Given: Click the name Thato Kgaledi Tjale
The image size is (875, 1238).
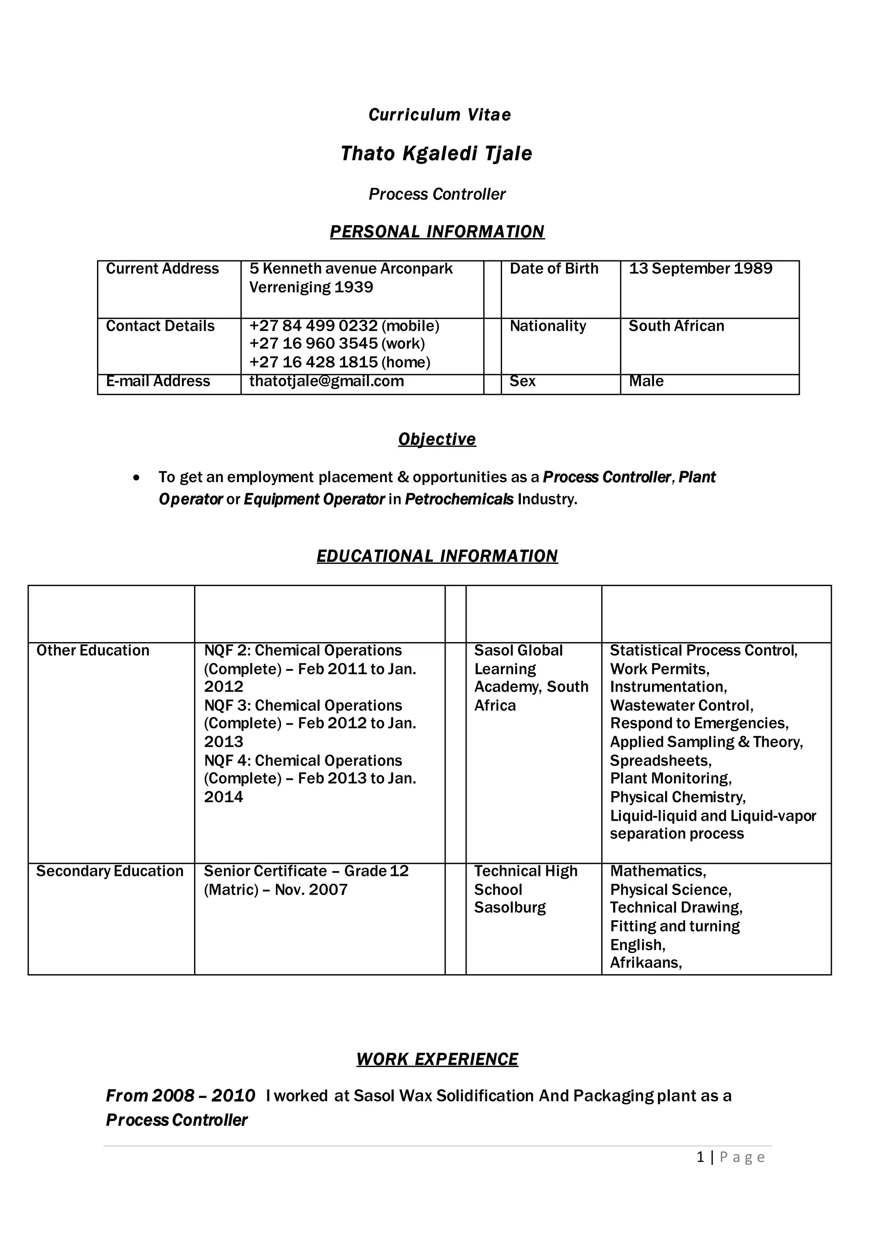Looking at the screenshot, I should tap(436, 153).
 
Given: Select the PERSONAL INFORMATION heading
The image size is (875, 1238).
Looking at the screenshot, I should tap(437, 232).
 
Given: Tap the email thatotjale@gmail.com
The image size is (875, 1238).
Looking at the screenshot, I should tap(326, 381).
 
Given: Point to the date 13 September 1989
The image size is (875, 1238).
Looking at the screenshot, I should tap(700, 268).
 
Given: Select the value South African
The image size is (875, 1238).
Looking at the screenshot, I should tap(676, 326).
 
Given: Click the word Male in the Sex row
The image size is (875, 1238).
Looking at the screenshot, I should tap(646, 381).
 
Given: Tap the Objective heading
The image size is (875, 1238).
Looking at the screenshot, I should tap(437, 439).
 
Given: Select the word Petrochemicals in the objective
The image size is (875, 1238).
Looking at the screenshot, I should tap(459, 499).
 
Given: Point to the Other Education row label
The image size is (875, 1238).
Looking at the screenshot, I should tap(93, 651).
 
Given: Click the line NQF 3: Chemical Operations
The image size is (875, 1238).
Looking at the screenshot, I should tap(303, 706).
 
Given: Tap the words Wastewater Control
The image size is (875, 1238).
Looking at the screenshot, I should tap(681, 706).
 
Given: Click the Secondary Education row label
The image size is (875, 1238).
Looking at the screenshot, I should tap(110, 871).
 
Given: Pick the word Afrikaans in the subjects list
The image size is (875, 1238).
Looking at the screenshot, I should tap(646, 963).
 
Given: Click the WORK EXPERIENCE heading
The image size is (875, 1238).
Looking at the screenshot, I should tap(437, 1060).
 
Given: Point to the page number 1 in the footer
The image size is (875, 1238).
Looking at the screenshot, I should tap(700, 1158).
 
